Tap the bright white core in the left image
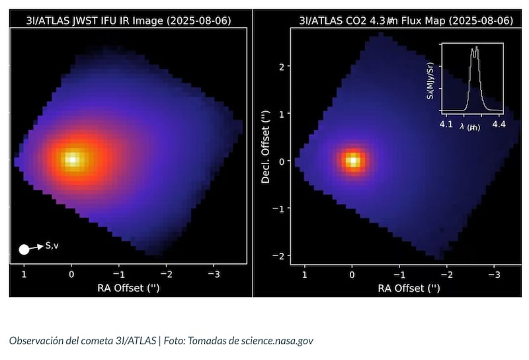pyautogui.click(x=71, y=159)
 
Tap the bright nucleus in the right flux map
pyautogui.click(x=353, y=161)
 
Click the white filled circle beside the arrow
pyautogui.click(x=24, y=249)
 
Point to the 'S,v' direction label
pyautogui.click(x=54, y=246)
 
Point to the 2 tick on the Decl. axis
pyautogui.click(x=281, y=67)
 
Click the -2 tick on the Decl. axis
pyautogui.click(x=279, y=256)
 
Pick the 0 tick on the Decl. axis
pyautogui.click(x=281, y=161)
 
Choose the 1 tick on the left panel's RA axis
pyautogui.click(x=24, y=273)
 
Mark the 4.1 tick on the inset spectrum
pyautogui.click(x=446, y=123)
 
